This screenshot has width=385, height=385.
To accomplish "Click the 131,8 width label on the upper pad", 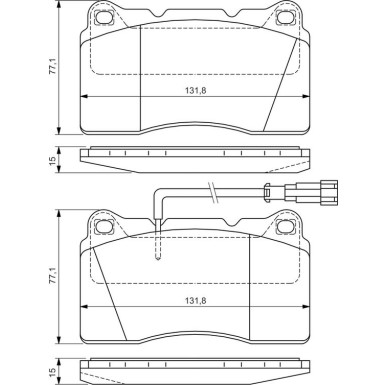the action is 196,90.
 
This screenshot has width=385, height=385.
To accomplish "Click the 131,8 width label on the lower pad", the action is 196,301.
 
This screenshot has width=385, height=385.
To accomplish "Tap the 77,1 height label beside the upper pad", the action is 53,68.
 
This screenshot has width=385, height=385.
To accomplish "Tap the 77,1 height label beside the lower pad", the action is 53,276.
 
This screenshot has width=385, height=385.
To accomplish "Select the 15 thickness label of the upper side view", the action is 53,161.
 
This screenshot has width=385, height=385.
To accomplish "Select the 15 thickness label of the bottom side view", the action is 53,371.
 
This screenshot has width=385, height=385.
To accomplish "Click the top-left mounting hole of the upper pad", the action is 103,17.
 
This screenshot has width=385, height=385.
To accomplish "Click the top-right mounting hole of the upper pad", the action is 285,17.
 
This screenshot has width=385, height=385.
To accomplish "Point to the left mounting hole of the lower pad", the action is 103,227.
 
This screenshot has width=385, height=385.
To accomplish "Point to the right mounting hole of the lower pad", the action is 285,227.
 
